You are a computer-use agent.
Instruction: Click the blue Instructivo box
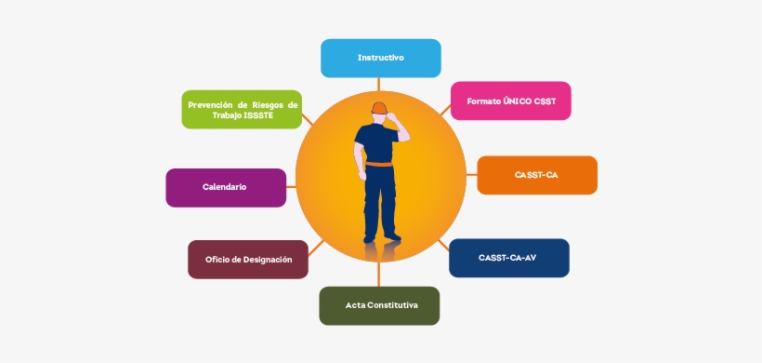click(380, 58)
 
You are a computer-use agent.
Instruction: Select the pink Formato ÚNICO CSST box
click(510, 101)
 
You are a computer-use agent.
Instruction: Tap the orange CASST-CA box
click(536, 175)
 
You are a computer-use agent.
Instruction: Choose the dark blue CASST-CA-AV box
click(508, 258)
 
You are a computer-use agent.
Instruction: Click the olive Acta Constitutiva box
click(379, 305)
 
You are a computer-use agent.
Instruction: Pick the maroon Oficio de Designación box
click(248, 260)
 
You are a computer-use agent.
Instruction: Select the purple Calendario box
click(225, 187)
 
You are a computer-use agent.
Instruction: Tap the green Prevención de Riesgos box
click(242, 110)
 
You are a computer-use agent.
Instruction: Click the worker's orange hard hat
click(378, 107)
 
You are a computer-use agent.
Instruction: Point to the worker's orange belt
click(378, 166)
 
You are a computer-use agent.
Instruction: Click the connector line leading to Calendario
click(291, 186)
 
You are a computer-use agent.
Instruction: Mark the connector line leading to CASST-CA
click(471, 175)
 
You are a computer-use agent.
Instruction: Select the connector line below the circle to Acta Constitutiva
click(379, 276)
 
